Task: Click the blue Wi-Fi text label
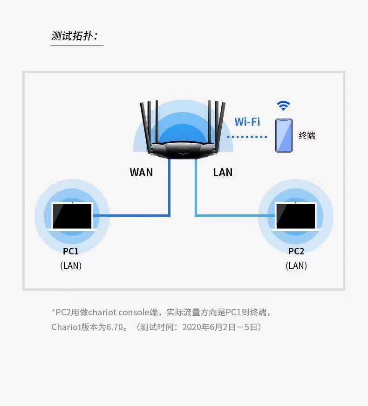point(247,122)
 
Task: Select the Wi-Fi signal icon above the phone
point(283,106)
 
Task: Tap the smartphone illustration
point(284,135)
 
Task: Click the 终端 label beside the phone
point(307,135)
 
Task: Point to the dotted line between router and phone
point(247,137)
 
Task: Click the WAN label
point(141,173)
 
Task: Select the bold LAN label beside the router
point(223,173)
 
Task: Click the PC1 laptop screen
point(72,216)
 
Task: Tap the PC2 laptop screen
point(296,216)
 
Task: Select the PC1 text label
point(70,251)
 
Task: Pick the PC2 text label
point(296,251)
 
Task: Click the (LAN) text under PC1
point(71,266)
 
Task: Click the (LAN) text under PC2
point(296,266)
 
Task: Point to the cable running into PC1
point(170,215)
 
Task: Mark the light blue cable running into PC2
point(196,215)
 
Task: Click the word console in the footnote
point(134,312)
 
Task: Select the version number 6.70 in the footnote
point(115,327)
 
